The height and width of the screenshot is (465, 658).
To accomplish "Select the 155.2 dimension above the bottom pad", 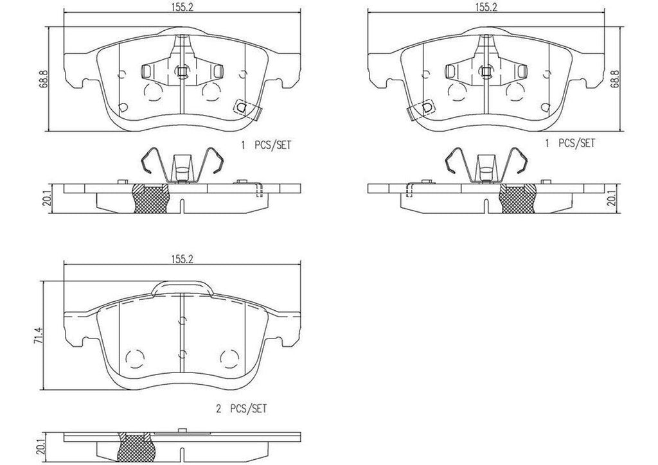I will (182, 259).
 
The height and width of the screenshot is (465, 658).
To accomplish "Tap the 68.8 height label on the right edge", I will (615, 76).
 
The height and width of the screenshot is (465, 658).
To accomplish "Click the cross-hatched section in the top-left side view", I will (149, 198).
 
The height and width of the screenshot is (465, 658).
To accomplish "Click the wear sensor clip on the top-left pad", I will (246, 110).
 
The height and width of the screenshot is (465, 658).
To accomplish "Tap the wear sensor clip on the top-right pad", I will (421, 110).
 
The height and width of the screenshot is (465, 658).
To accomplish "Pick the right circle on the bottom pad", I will (229, 358).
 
